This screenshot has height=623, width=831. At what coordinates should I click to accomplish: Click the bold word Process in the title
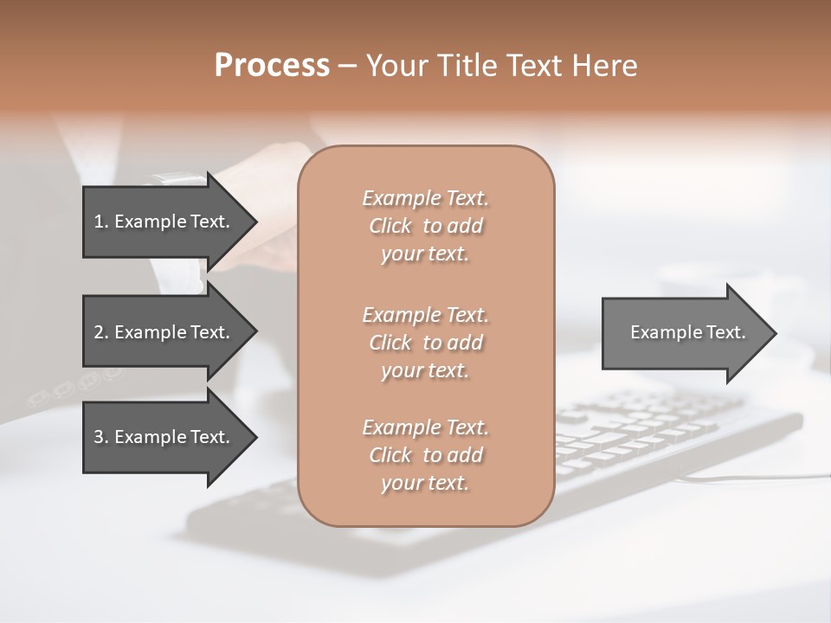pyautogui.click(x=272, y=66)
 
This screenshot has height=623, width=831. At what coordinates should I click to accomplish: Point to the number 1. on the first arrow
pyautogui.click(x=100, y=222)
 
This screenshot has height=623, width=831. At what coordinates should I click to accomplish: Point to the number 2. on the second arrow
pyautogui.click(x=100, y=332)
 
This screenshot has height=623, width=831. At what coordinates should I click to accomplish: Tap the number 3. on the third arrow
pyautogui.click(x=100, y=437)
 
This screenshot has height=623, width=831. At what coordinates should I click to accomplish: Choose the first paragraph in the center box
pyautogui.click(x=425, y=226)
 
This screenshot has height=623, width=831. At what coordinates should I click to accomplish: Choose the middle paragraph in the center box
pyautogui.click(x=425, y=342)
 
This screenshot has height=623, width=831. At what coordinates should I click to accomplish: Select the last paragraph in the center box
pyautogui.click(x=425, y=455)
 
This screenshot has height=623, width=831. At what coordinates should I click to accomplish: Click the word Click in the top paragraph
pyautogui.click(x=390, y=226)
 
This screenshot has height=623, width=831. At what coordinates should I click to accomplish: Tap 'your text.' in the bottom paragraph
pyautogui.click(x=425, y=483)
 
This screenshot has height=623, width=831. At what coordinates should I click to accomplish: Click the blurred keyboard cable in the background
pyautogui.click(x=744, y=477)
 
